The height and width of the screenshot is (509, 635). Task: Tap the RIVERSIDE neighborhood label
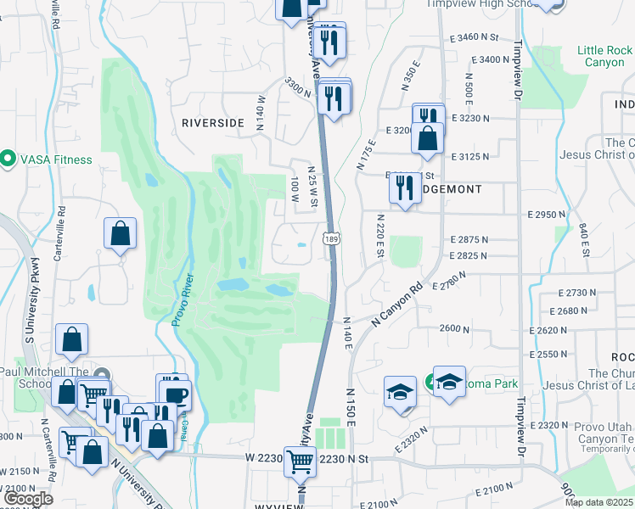212,123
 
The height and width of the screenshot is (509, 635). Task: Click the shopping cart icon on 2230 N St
300,462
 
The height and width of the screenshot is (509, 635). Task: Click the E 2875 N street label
469,240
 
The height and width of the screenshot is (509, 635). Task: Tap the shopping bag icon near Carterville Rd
121,234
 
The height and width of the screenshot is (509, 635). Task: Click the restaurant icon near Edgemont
405,187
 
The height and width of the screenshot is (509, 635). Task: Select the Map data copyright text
598,502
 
